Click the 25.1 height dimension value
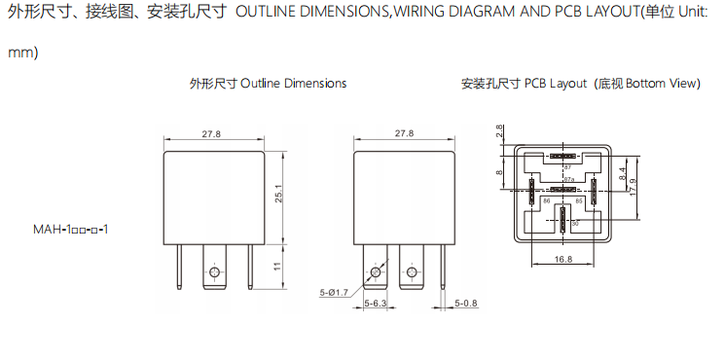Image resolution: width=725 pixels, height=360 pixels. coord(277,198)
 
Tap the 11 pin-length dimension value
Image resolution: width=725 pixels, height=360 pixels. coord(277,267)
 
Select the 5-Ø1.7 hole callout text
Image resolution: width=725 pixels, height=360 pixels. coord(334,292)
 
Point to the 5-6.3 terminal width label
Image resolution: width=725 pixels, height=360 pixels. coord(375,304)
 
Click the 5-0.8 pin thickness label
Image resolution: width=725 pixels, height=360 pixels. coord(465,304)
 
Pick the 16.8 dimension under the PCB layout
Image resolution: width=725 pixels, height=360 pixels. coord(562,259)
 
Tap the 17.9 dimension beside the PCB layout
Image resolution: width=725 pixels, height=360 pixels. coord(633,188)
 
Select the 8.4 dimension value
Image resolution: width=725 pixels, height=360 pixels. coord(622,174)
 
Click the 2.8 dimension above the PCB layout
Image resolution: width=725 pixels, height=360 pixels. coord(499,130)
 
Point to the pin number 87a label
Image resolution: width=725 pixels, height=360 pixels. coord(568,179)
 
